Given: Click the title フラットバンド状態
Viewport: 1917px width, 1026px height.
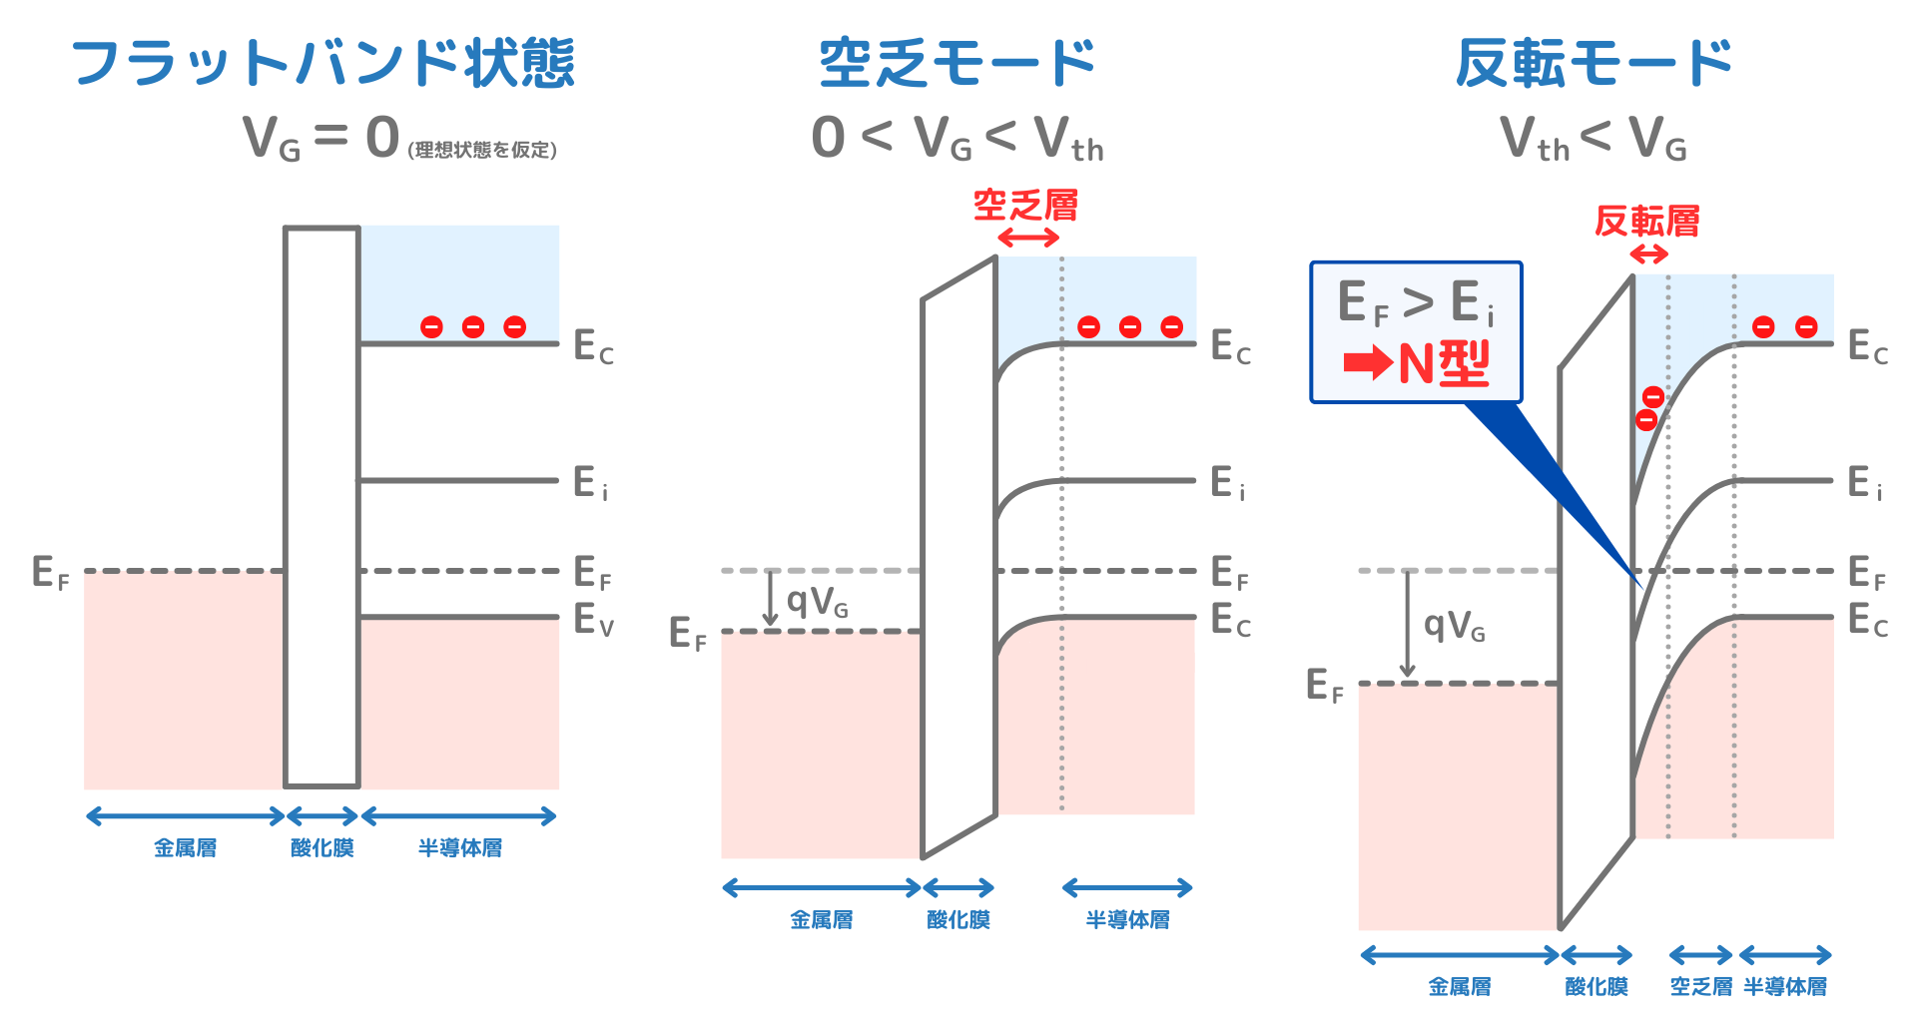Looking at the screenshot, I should tap(322, 63).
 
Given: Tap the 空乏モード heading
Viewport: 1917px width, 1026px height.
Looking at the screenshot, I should tap(957, 63).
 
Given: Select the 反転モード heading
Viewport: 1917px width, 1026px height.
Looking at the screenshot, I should tap(1594, 63).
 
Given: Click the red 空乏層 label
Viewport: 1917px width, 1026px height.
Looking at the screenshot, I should tap(1025, 206).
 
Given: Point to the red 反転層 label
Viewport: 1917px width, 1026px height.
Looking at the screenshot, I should tap(1646, 221).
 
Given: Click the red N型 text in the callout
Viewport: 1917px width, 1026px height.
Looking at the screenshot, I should tap(1444, 363).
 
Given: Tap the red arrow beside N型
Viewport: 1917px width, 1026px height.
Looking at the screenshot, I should tap(1368, 363).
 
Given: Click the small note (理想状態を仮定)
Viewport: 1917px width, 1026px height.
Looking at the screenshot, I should tap(482, 150).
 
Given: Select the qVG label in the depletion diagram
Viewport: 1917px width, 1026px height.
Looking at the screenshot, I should tap(817, 601).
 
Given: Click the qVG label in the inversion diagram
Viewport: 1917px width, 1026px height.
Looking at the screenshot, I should tap(1454, 626).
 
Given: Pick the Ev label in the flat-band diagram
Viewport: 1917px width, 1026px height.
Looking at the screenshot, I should tap(593, 620).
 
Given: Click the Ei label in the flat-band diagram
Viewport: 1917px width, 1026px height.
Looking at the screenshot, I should tap(590, 483).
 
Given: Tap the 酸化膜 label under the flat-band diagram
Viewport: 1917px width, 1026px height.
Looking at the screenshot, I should tap(321, 848).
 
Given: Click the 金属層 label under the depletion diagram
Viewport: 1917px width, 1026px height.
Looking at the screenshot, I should tap(821, 919).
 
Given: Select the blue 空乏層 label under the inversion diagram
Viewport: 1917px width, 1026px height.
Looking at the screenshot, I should tap(1700, 986).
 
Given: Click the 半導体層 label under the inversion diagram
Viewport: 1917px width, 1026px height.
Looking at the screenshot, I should tap(1785, 986).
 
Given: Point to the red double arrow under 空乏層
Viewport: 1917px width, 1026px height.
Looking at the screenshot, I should tap(1028, 238).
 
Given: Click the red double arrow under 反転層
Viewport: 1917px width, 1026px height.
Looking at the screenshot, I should tap(1649, 255).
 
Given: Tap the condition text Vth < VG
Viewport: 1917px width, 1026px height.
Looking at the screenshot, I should tap(1594, 139).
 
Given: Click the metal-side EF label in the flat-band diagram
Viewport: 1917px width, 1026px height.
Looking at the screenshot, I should tap(50, 573).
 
